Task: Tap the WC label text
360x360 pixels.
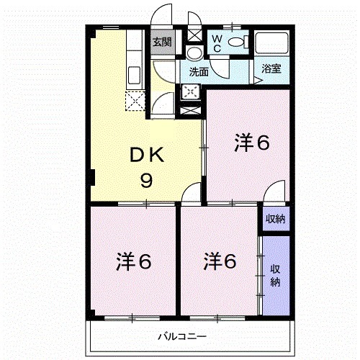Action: pos(216,42)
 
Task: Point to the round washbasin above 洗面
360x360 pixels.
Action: pos(194,53)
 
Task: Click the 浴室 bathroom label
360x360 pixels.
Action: pos(271,68)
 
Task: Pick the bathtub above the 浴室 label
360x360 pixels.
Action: pos(271,45)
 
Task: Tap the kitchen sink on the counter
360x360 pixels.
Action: pos(134,74)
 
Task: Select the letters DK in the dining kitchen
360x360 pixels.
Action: pos(148,155)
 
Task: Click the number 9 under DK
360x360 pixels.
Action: pos(146,181)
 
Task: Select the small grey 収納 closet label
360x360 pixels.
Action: pos(274,219)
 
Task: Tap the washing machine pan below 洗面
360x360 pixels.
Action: pos(191,91)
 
